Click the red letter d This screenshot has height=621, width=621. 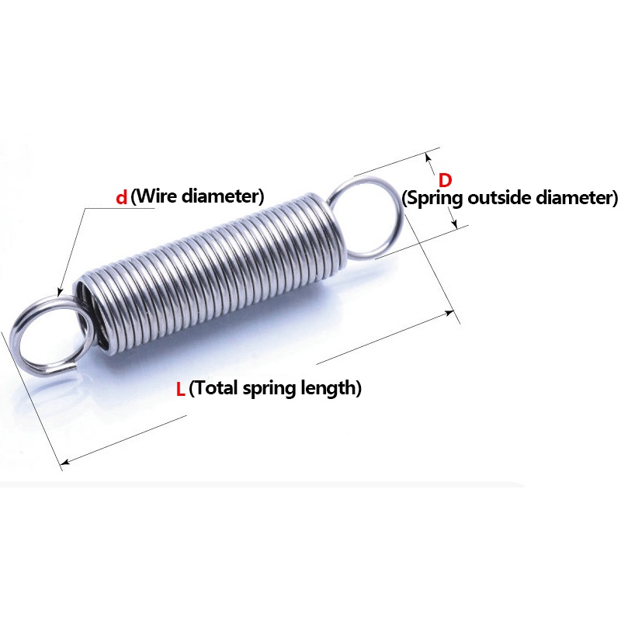(121, 198)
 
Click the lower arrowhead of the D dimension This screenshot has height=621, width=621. (454, 224)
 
